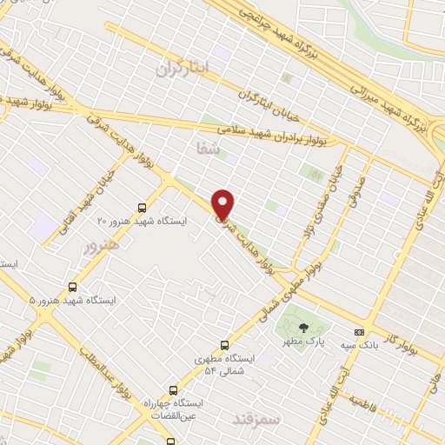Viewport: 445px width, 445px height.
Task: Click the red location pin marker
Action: click(x=223, y=203)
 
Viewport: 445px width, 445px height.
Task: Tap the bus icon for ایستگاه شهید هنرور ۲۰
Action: click(x=142, y=208)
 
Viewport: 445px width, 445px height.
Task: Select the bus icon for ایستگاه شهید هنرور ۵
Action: click(x=72, y=286)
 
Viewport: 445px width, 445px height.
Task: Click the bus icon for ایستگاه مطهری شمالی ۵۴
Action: click(x=225, y=345)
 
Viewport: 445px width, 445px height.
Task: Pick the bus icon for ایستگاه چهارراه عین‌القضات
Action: click(x=173, y=390)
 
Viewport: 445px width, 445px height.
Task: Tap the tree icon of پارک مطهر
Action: click(x=303, y=328)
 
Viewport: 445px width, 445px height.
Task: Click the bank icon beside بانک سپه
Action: click(x=359, y=332)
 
